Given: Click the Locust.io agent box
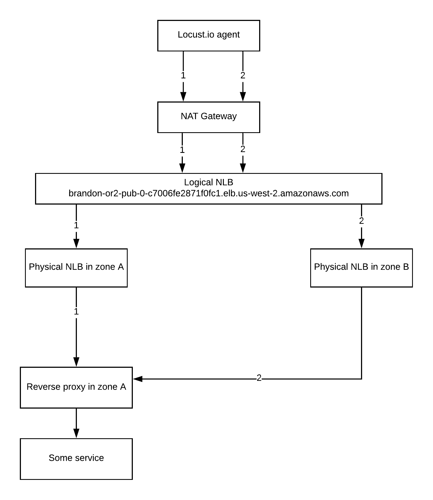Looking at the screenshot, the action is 209,36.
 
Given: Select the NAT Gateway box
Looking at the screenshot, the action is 209,117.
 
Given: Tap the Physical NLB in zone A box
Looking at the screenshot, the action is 76,268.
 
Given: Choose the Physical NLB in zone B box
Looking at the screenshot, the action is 361,268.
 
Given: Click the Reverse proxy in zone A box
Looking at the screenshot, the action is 76,387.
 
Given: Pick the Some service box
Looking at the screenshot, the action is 76,459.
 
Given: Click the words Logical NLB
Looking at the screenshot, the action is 209,182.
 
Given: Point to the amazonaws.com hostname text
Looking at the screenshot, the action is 209,193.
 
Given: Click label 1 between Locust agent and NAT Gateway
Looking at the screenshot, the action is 183,75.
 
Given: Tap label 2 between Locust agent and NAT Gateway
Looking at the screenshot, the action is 243,75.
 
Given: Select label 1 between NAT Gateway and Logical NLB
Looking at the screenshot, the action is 182,150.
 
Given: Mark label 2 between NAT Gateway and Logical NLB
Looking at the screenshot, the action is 243,149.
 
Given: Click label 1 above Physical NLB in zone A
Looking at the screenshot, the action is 76,225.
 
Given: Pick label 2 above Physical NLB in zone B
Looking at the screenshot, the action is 361,221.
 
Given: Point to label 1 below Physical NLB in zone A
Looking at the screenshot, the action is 76,312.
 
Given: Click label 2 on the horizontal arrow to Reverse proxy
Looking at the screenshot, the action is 259,378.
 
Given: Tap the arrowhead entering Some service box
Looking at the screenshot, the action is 76,434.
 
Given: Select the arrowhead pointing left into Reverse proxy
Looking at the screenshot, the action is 138,379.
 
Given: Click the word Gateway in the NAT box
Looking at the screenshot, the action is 219,116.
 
